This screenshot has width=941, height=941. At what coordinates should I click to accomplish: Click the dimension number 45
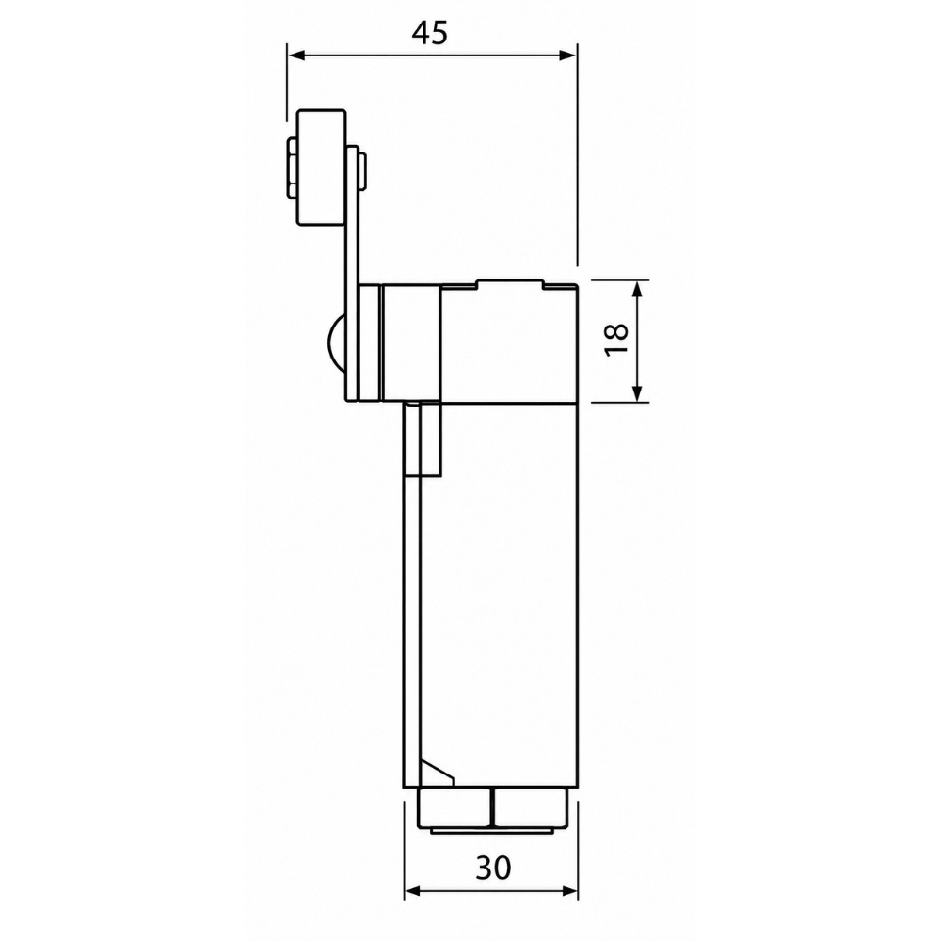[x=430, y=34]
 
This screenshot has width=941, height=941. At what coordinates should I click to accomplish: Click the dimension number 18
[x=615, y=341]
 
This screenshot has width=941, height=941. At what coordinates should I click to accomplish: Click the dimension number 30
[x=493, y=868]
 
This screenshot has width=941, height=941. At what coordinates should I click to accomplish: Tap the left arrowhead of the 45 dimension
[x=297, y=56]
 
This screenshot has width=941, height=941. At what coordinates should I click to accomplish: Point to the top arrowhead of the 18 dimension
[x=637, y=290]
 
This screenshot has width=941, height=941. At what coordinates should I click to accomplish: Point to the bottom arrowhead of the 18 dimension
[x=637, y=392]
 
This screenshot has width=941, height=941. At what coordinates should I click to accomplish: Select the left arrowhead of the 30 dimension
[x=414, y=892]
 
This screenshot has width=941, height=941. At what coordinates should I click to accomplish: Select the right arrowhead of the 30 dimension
[x=568, y=892]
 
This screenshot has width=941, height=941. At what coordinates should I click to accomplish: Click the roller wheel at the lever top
[x=322, y=168]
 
